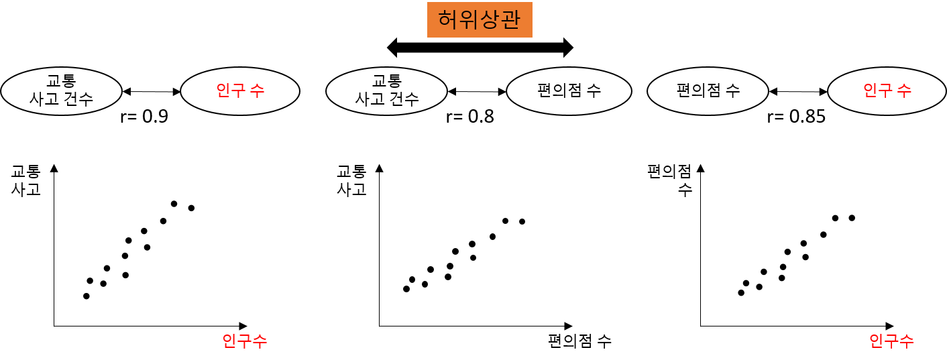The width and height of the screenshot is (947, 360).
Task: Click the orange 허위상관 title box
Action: pos(480,19)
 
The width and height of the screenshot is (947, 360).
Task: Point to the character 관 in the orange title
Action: pos(511,19)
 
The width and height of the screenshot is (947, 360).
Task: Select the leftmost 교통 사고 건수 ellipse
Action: pos(61,91)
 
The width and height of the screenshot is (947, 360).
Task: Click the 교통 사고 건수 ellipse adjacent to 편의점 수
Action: pos(386,91)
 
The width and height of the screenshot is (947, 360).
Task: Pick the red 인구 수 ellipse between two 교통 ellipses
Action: pos(240,91)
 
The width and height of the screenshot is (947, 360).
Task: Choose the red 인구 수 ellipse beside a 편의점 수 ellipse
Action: pos(887,91)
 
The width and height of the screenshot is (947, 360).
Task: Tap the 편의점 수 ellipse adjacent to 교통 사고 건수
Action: pos(569,91)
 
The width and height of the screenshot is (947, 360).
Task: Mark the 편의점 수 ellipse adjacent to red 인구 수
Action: pos(708,91)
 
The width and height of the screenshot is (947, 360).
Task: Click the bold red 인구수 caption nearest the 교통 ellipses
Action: pos(244,341)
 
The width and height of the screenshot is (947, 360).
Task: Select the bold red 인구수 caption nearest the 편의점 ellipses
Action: pos(891,341)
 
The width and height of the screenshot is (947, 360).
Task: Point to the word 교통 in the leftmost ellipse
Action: pos(61,82)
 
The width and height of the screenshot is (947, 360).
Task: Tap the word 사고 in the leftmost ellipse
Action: pos(44,100)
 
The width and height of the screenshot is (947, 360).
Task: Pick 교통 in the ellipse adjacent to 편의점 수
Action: pos(387,82)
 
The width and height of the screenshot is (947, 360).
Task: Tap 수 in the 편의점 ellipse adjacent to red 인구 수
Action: pos(734,91)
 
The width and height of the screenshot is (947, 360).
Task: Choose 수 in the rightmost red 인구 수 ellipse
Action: pos(905,91)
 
